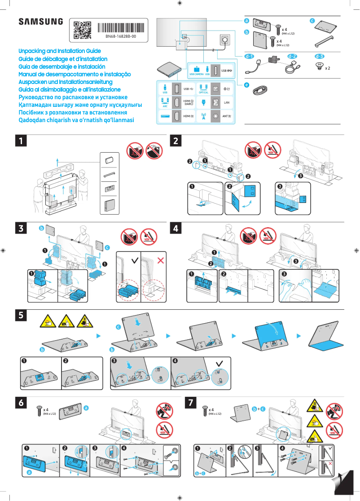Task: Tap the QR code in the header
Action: tap(82, 30)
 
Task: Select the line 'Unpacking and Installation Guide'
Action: tap(60, 51)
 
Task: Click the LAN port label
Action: tap(227, 103)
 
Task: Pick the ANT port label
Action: tap(227, 116)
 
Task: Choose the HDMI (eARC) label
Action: tap(189, 103)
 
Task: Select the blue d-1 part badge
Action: tap(249, 57)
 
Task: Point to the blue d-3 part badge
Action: tap(320, 57)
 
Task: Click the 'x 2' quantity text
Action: tap(328, 68)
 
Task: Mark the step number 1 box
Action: tap(20, 141)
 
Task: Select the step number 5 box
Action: tap(20, 315)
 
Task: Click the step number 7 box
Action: tap(191, 403)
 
